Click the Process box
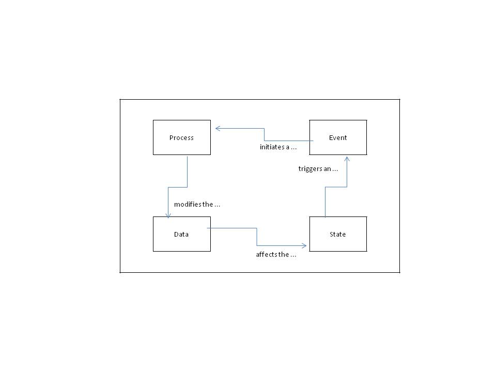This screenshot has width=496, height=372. pos(182,137)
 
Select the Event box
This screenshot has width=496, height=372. pos(338,137)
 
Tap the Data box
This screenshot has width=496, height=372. pos(182,234)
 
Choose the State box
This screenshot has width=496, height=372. pos(338,234)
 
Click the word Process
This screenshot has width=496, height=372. pos(181,138)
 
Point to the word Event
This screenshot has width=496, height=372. pos(338,138)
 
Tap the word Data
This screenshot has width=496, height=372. pos(181,235)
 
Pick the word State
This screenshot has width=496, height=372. pos(338,235)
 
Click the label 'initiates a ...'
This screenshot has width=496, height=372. pos(278,147)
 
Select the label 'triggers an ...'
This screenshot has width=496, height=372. pos(318,169)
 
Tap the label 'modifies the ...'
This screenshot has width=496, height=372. pos(197,205)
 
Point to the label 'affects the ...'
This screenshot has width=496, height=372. pos(276,255)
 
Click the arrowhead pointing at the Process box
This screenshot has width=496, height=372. pos(218,128)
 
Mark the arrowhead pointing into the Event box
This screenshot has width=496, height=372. pos(347,158)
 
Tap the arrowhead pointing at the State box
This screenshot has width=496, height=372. pos(304,246)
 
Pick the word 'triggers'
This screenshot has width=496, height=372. pos(310,169)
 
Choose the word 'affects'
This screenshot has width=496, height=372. pos(266,255)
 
